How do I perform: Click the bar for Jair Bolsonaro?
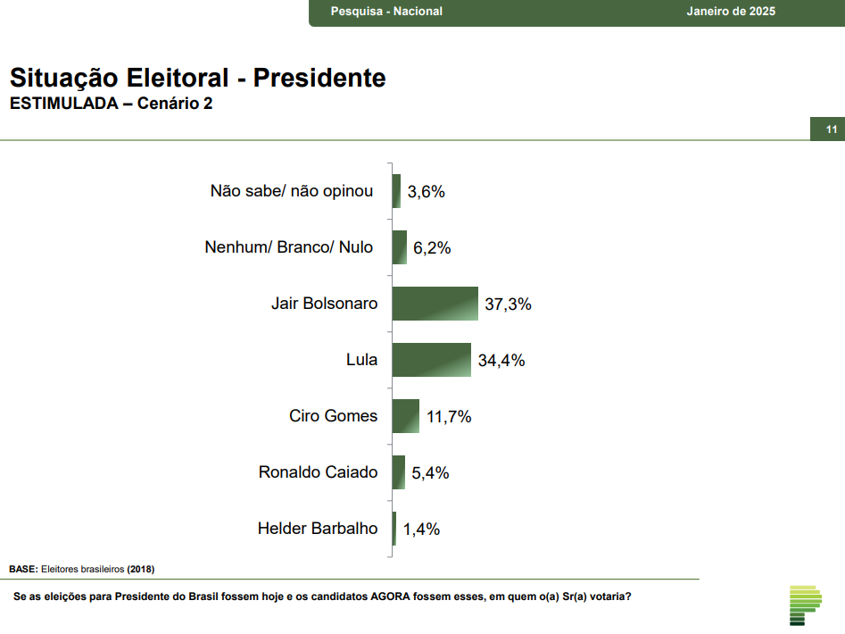[x=435, y=304]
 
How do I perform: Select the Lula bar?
[x=431, y=360]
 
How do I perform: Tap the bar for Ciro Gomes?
[x=406, y=416]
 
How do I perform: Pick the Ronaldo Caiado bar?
[x=399, y=472]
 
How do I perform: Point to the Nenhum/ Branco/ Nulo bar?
[x=400, y=247]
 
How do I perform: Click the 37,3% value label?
[x=508, y=304]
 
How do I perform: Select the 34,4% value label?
[x=501, y=361]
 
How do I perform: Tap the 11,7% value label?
[x=448, y=417]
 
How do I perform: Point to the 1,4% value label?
[x=421, y=529]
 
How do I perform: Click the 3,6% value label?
[x=426, y=191]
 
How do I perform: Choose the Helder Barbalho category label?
[x=318, y=528]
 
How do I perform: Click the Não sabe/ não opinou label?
[x=292, y=190]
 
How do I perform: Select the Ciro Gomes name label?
[x=333, y=416]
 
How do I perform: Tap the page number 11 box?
[x=831, y=130]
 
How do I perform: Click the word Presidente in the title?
[x=319, y=78]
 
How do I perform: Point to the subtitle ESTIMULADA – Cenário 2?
[x=111, y=104]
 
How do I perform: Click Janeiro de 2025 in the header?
[x=731, y=12]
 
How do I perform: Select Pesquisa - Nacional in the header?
[x=386, y=12]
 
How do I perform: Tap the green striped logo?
[x=805, y=605]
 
